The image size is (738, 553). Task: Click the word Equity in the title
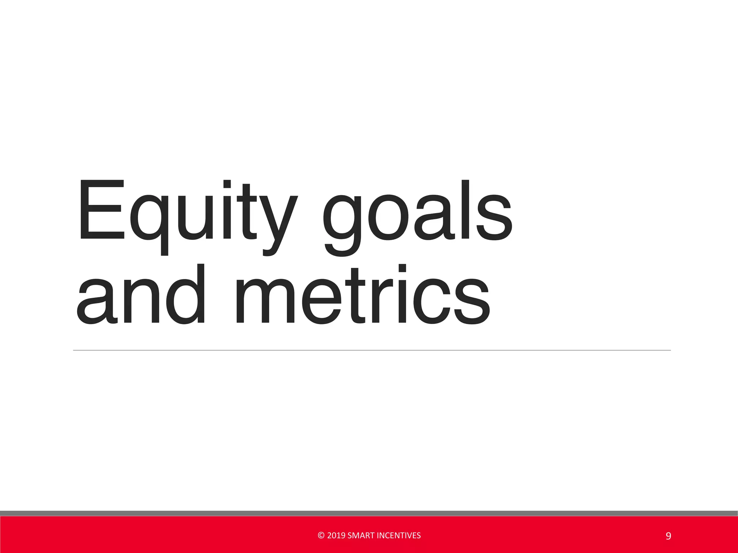click(x=187, y=216)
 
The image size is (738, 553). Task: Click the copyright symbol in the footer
click(x=321, y=536)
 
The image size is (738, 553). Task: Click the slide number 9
click(x=668, y=536)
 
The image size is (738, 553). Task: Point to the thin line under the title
click(x=371, y=350)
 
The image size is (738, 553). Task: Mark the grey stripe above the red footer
click(x=369, y=513)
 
